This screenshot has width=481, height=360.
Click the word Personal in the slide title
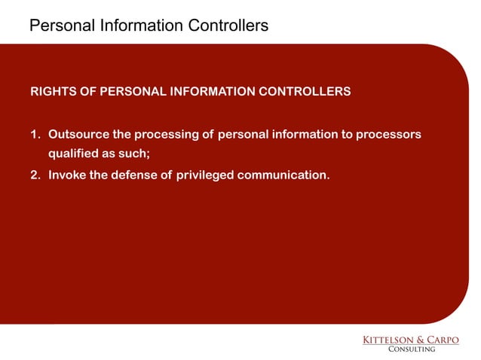click(x=60, y=26)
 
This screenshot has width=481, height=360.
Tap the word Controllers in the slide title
click(x=229, y=26)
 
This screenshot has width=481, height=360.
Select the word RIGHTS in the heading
click(x=52, y=92)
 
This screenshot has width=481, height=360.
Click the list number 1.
click(x=34, y=135)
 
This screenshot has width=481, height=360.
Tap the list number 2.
click(x=35, y=175)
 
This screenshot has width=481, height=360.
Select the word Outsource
click(x=79, y=135)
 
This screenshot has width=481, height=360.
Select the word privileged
click(x=205, y=175)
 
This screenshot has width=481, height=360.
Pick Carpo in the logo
click(x=445, y=340)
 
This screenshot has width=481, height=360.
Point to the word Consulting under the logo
click(x=411, y=349)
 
